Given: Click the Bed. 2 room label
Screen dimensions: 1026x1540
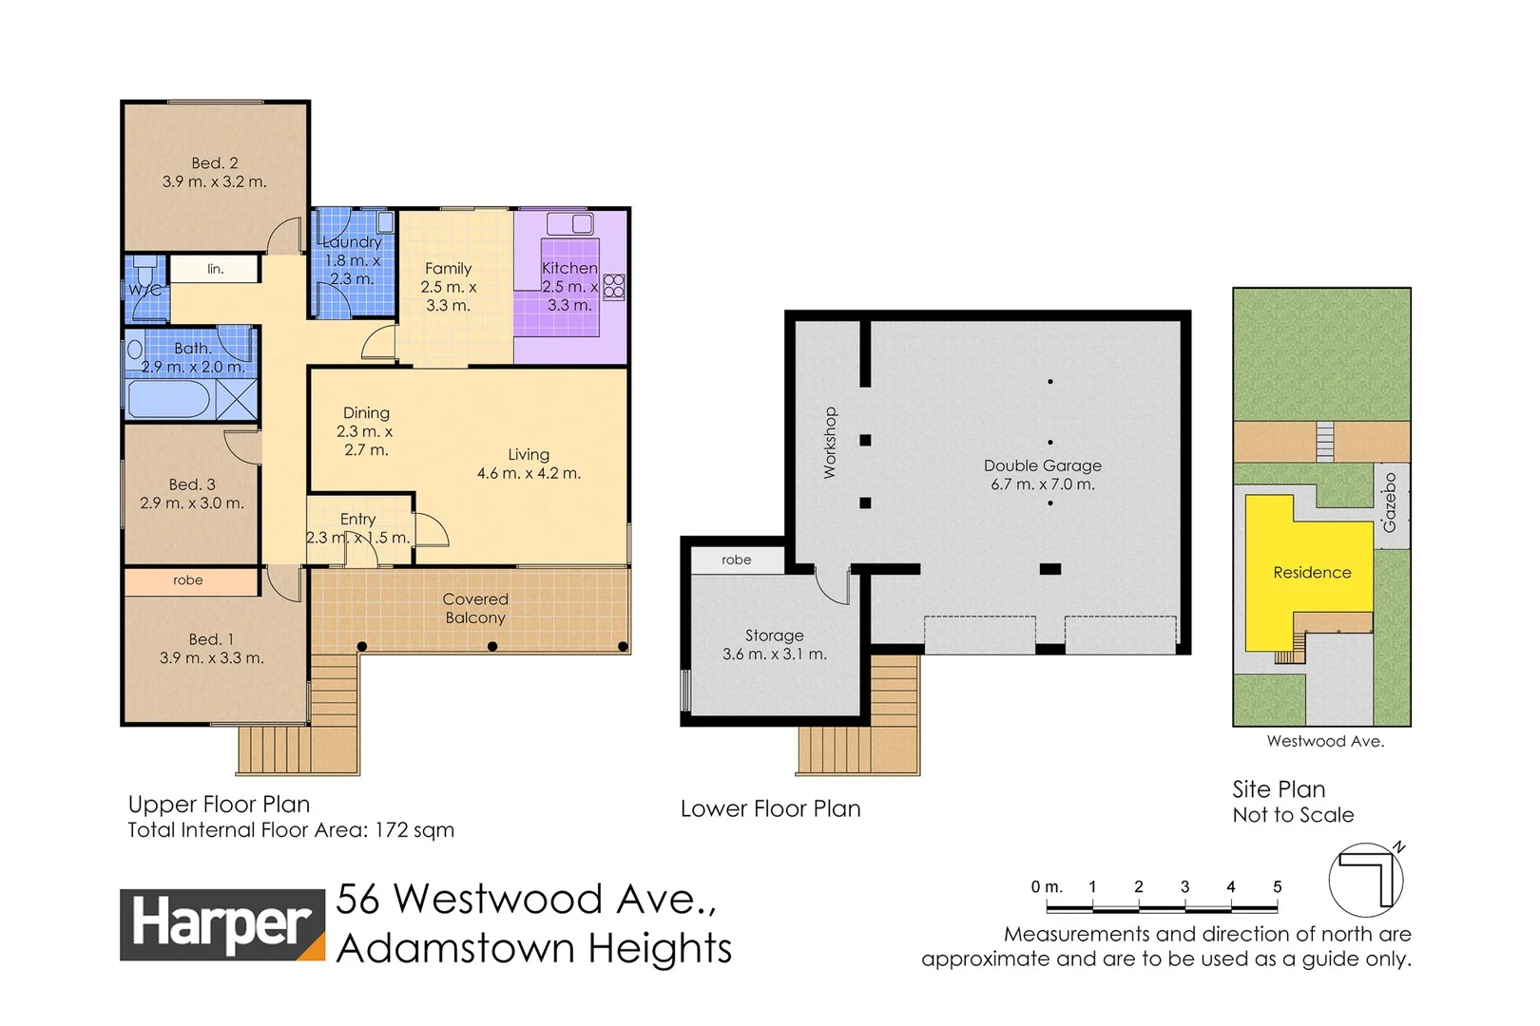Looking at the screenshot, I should click(x=214, y=163).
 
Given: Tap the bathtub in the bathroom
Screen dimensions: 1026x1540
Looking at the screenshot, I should click(x=168, y=399).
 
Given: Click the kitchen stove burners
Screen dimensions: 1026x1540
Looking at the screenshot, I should click(x=614, y=286).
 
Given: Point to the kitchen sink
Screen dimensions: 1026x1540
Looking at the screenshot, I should click(x=569, y=224).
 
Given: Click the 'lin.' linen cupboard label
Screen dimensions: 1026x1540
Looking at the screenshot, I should click(x=216, y=269).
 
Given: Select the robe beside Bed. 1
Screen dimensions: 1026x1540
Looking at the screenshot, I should click(x=188, y=580).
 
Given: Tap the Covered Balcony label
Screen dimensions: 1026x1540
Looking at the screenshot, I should click(x=475, y=608).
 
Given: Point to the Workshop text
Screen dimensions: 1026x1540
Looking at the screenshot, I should click(x=830, y=443).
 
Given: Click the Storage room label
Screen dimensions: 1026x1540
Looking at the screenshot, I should click(x=774, y=636).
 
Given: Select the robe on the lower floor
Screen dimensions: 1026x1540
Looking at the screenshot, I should click(x=737, y=560).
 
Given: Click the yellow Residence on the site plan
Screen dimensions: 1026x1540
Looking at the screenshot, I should click(x=1312, y=573).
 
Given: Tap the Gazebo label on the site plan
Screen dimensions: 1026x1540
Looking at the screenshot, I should click(x=1390, y=503).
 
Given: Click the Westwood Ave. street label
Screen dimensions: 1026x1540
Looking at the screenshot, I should click(x=1325, y=741).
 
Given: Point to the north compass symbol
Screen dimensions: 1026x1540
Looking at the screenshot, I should click(x=1366, y=879).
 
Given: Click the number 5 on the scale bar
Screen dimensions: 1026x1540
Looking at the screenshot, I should click(x=1277, y=886).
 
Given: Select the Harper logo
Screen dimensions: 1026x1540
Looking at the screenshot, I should click(x=222, y=924).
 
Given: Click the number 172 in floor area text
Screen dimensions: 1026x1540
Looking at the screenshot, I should click(x=392, y=830).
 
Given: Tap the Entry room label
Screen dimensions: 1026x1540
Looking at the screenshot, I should click(x=357, y=519).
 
